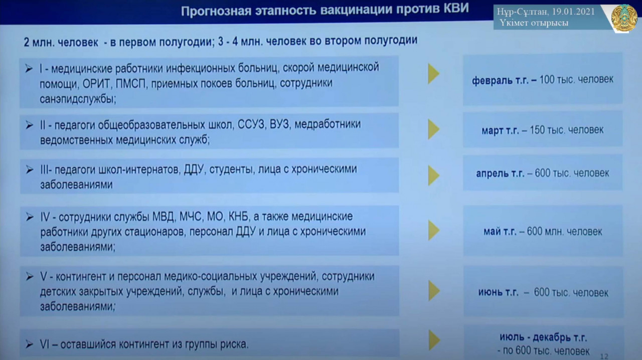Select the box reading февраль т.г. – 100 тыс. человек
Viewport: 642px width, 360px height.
click(542, 80)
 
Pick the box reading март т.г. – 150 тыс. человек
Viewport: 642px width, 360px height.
click(542, 130)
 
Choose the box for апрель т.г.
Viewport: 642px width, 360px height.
click(542, 173)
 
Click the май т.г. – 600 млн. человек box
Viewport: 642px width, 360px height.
click(542, 231)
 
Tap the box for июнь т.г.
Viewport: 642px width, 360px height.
click(542, 292)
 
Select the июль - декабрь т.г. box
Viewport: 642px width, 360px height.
click(542, 344)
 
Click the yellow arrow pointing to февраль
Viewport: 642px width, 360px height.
click(433, 74)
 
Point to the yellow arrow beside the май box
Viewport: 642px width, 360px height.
click(433, 230)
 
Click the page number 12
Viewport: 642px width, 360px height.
click(604, 356)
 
